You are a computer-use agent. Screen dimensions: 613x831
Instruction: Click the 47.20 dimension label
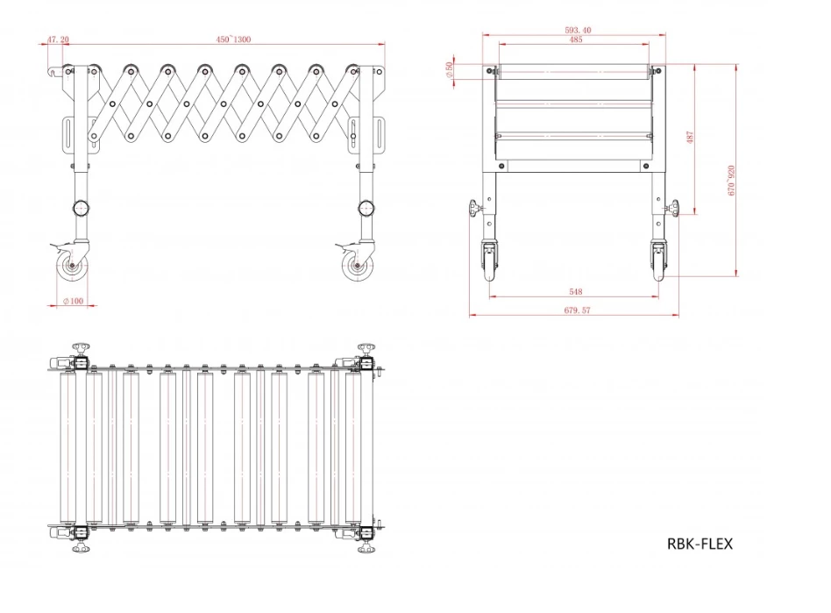pyautogui.click(x=58, y=39)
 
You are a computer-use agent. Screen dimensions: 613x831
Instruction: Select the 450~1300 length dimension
pyautogui.click(x=234, y=39)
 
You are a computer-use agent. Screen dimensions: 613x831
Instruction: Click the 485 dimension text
pyautogui.click(x=576, y=40)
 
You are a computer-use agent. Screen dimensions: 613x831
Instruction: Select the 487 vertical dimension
pyautogui.click(x=691, y=139)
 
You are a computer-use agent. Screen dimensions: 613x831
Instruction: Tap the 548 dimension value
pyautogui.click(x=576, y=291)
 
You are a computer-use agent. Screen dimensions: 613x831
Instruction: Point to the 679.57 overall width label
pyautogui.click(x=576, y=310)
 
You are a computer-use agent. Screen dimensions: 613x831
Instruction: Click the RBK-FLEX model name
pyautogui.click(x=700, y=544)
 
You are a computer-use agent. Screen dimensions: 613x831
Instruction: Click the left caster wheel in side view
pyautogui.click(x=69, y=267)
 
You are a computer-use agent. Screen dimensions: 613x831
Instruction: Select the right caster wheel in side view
pyautogui.click(x=356, y=267)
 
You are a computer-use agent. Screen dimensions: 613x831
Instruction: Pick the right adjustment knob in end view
pyautogui.click(x=675, y=209)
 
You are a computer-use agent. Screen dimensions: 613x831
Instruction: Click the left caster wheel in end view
pyautogui.click(x=489, y=261)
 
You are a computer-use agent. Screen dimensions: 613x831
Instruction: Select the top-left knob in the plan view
pyautogui.click(x=82, y=350)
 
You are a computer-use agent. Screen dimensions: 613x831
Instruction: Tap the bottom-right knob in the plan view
pyautogui.click(x=366, y=547)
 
